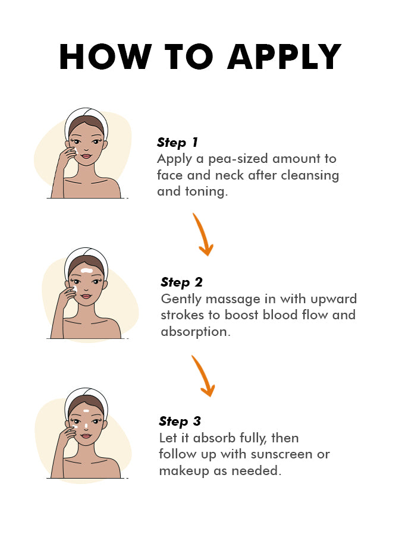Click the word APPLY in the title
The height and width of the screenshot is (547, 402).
point(284,57)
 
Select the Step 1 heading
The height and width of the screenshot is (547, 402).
point(177,142)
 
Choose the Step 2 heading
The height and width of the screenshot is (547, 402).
point(181,282)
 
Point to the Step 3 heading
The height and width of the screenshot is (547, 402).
point(180,422)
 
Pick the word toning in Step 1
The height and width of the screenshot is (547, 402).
point(206,192)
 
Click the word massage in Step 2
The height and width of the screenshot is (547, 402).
point(233,300)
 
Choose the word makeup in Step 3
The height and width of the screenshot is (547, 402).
point(184,471)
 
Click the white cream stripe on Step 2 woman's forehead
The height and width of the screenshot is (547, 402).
point(87,271)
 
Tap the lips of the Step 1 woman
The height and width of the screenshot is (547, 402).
point(86,156)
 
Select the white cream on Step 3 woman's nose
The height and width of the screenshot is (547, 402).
point(86,426)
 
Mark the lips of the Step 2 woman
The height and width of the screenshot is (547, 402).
point(86,297)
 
